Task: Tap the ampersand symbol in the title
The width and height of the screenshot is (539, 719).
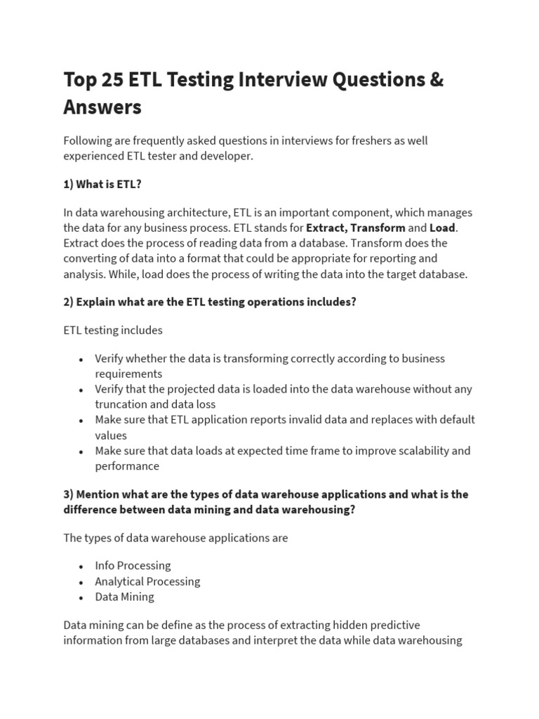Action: (435, 80)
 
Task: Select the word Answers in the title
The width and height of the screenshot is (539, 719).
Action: (102, 107)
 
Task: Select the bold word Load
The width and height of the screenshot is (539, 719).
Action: (442, 227)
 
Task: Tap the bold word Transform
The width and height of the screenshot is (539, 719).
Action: (378, 227)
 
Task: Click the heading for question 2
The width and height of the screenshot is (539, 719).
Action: (210, 302)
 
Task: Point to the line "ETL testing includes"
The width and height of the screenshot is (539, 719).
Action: (113, 330)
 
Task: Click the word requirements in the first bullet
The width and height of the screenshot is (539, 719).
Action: (128, 374)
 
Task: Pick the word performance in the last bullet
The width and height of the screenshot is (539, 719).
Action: (127, 466)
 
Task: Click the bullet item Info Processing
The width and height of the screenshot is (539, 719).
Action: (133, 566)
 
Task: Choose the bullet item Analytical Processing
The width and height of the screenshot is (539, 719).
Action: (147, 581)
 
